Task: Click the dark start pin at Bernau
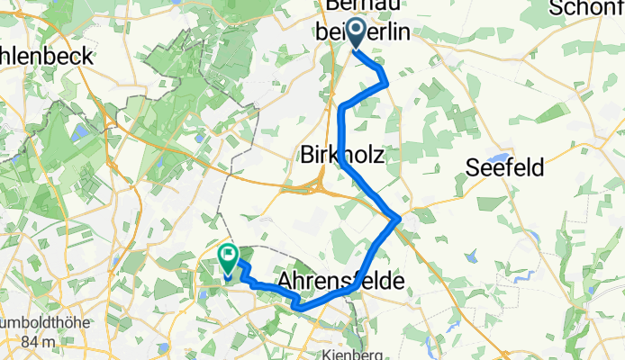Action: coord(355,34)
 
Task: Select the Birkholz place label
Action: coord(341,156)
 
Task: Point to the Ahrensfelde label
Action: coord(341,281)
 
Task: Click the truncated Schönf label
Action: coord(586,8)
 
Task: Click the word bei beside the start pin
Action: coord(330,32)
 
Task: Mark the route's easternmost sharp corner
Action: coord(397,217)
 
